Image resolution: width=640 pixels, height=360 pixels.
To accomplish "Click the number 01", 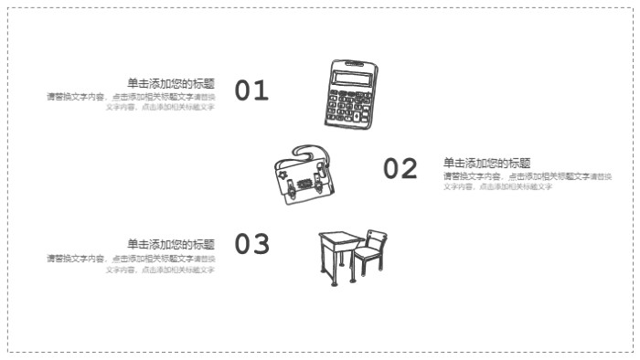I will pos(251,90).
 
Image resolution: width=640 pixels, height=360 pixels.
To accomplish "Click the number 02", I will pos(400,169).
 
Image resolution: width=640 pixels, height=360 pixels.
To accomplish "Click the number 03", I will pos(251,245).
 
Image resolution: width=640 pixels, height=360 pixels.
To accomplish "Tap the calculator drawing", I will pos(350,94).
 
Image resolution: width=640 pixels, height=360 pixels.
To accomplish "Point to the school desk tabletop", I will pos(338,238).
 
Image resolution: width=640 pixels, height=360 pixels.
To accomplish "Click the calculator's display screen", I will pos(352,79).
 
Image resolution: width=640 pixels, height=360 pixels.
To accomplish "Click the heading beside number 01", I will pos(171,83).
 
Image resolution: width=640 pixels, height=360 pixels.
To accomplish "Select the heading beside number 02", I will pos(486,163).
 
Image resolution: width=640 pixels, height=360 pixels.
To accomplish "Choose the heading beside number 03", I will pos(171,244).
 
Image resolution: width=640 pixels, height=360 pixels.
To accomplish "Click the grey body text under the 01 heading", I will pos(132,101).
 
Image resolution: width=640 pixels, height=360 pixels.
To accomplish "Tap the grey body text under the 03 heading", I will pos(132,264).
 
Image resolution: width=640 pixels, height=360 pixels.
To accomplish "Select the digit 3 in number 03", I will pos(261,245).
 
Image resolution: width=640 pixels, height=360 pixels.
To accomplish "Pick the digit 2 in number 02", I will pos(409,169).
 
